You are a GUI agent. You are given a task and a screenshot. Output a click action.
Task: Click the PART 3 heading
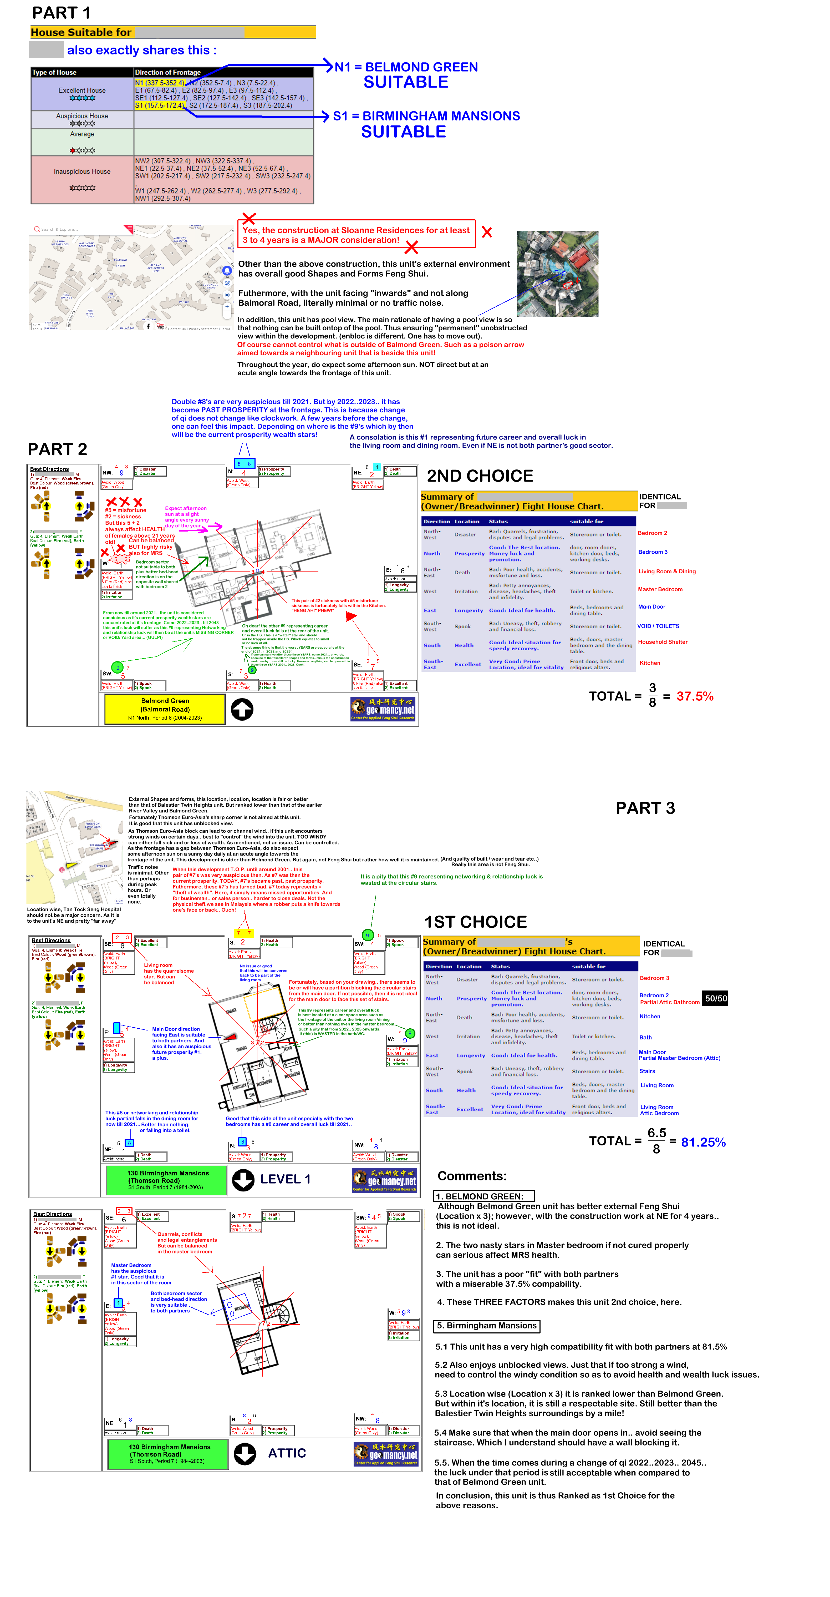point(645,808)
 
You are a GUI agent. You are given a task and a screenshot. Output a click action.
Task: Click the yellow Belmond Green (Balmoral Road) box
point(165,709)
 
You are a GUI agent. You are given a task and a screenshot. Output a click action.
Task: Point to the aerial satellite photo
point(557,274)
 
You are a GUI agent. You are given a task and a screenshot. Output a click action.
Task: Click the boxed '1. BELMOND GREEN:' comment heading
point(483,1196)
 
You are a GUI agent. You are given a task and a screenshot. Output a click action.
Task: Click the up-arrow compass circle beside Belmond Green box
point(242,709)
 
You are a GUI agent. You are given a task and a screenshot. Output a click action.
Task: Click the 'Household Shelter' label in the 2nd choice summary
point(663,642)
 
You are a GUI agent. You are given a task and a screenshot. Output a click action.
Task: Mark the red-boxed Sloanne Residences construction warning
point(357,235)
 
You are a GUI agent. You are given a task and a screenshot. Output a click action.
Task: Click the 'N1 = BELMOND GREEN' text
point(406,67)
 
